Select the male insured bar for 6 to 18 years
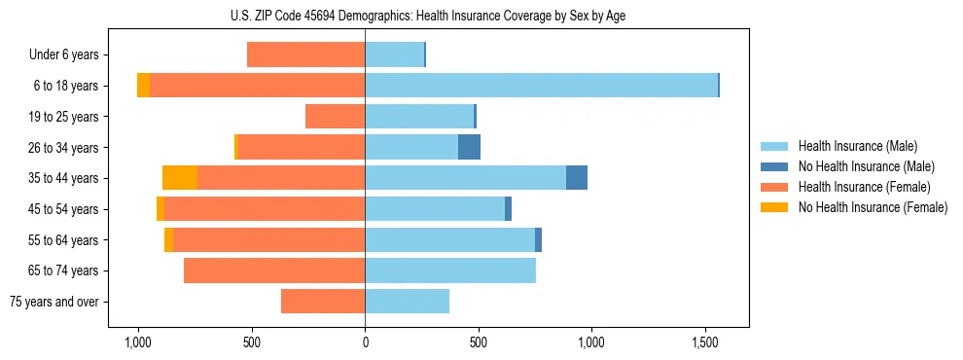tap(541, 86)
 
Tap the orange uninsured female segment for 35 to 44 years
tap(180, 178)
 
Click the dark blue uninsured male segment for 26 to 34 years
tap(469, 147)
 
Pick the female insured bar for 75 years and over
tap(323, 302)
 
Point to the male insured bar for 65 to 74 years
tap(450, 270)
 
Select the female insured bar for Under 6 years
tap(306, 54)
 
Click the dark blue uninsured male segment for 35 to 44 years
tap(577, 178)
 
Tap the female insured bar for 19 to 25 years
tap(336, 117)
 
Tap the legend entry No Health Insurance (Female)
tap(872, 207)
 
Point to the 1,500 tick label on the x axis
tap(705, 342)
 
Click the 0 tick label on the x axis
tap(365, 342)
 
